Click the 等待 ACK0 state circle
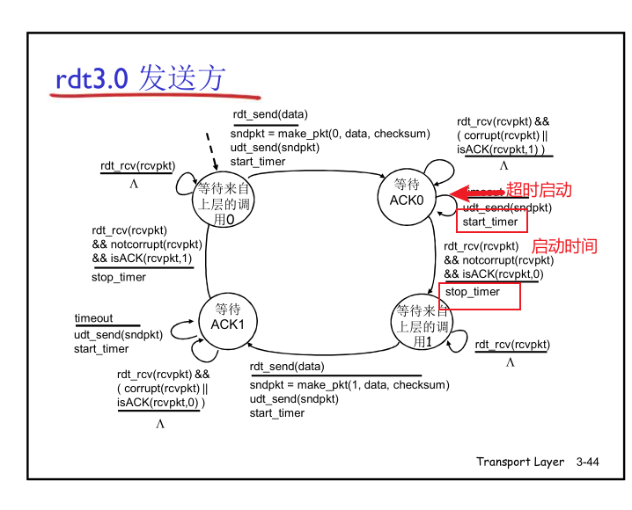coord(407,192)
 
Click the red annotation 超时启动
coord(539,190)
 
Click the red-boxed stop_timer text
coord(473,292)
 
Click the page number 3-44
coord(587,462)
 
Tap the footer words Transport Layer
coord(520,462)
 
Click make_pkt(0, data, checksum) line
coord(330,134)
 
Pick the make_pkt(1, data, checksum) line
coord(349,385)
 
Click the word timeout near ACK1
coord(93,318)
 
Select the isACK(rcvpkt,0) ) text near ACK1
coord(161,403)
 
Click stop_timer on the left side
coord(119,278)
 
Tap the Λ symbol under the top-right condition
coord(503,165)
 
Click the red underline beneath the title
coord(154,94)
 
